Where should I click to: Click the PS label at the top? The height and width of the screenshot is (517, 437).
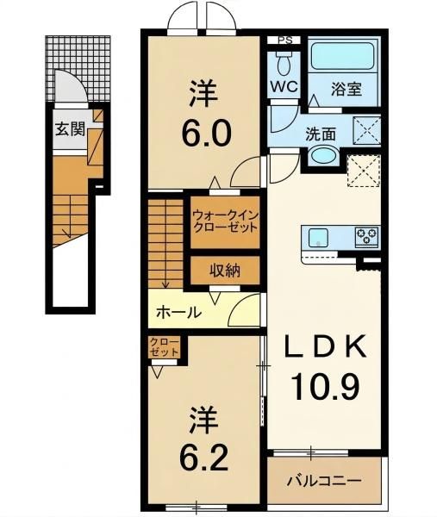285,40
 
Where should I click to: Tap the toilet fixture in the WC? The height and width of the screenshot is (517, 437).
284,65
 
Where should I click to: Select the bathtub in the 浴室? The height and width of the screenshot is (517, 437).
344,57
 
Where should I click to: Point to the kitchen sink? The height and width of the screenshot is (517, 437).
318,239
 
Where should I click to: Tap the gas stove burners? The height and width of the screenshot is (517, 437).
366,236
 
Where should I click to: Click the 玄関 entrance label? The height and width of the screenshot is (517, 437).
71,129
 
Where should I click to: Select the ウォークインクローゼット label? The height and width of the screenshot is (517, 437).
225,221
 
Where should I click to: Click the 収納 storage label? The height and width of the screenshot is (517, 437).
225,271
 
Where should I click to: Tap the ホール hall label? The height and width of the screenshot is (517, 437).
178,312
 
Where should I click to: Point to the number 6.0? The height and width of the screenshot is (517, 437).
205,134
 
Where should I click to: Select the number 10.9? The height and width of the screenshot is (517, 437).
325,386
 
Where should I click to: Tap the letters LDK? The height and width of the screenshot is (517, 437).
325,346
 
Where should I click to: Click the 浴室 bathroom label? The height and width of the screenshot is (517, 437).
346,89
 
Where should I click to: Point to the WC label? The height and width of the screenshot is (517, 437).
284,86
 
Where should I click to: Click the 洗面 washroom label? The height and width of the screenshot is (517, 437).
321,134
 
